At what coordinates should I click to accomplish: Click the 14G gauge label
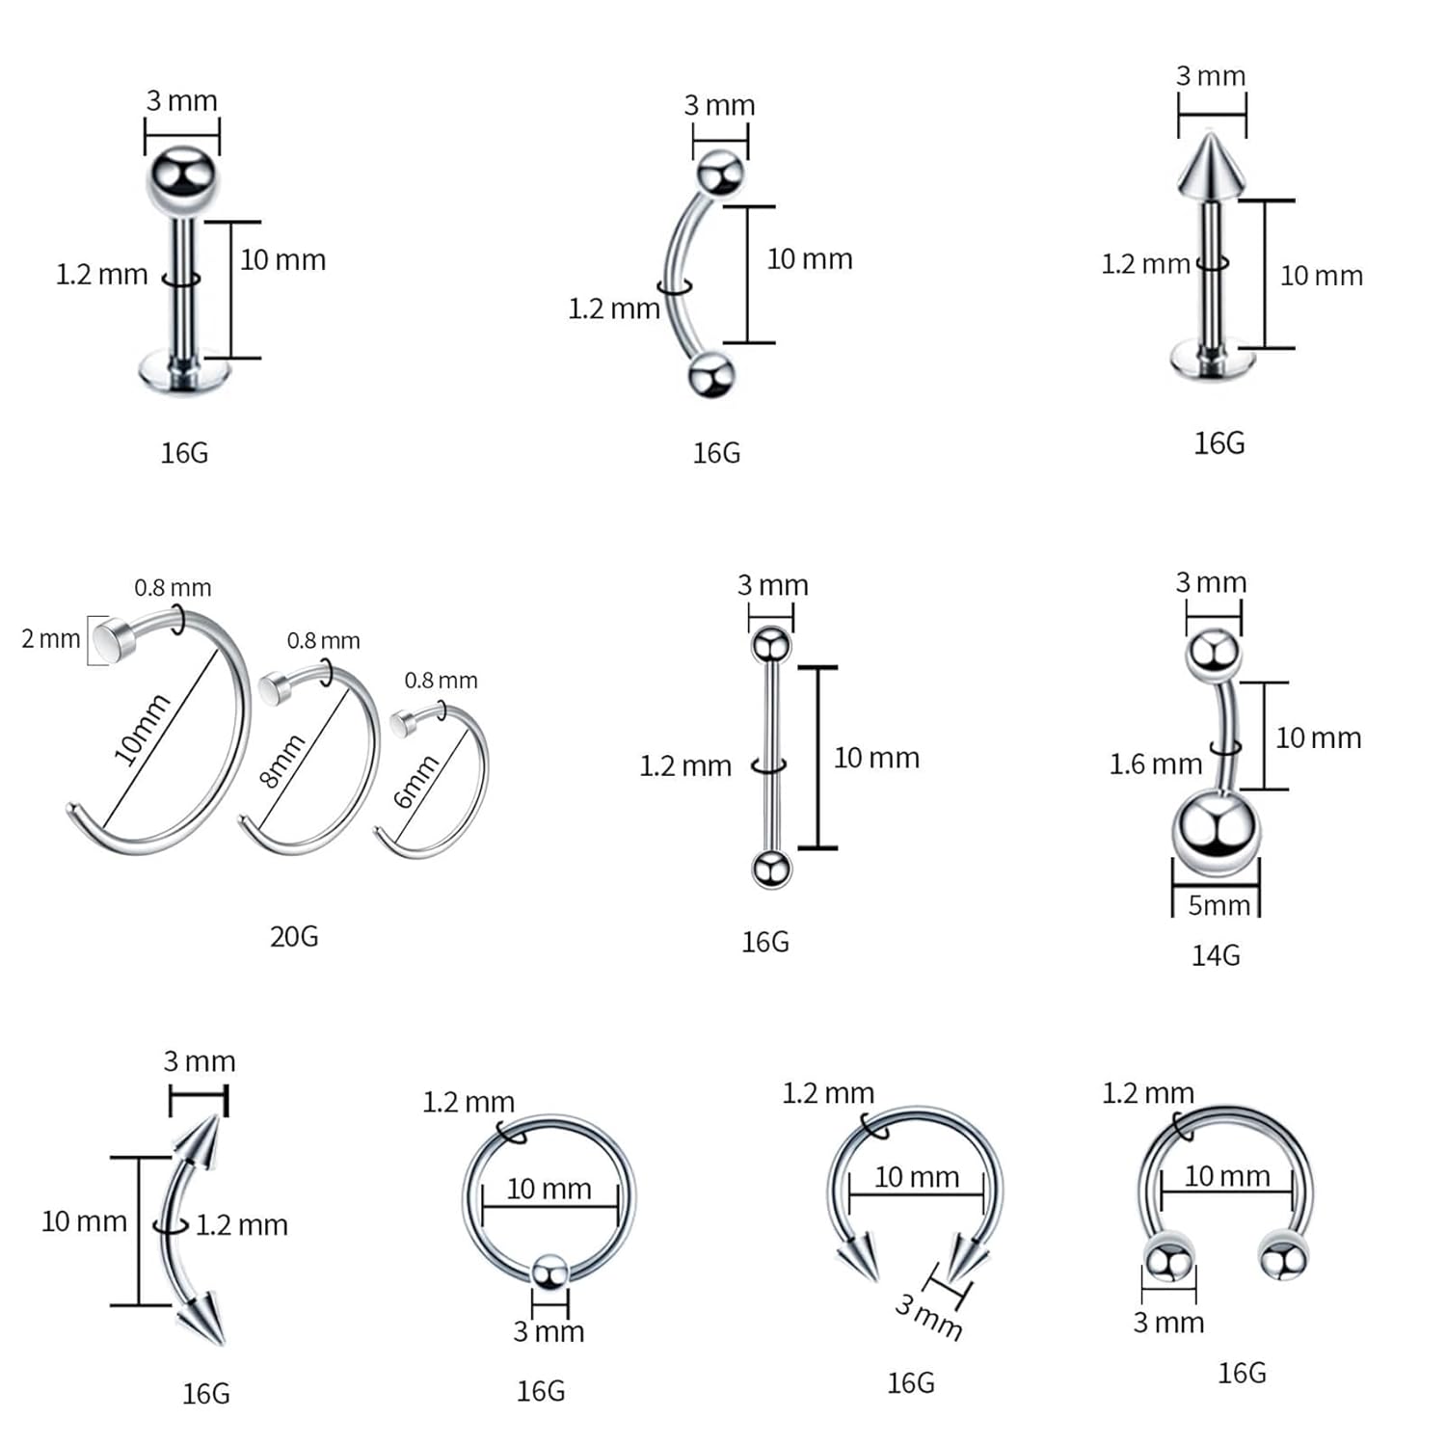(x=1216, y=955)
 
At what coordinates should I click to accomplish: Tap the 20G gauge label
(x=294, y=936)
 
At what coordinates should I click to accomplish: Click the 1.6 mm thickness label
(x=1156, y=764)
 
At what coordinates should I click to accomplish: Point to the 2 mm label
(x=51, y=638)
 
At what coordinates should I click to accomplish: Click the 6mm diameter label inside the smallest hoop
(x=416, y=781)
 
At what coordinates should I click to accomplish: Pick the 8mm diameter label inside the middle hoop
(x=282, y=761)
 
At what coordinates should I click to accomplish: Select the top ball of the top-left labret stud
(x=182, y=180)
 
